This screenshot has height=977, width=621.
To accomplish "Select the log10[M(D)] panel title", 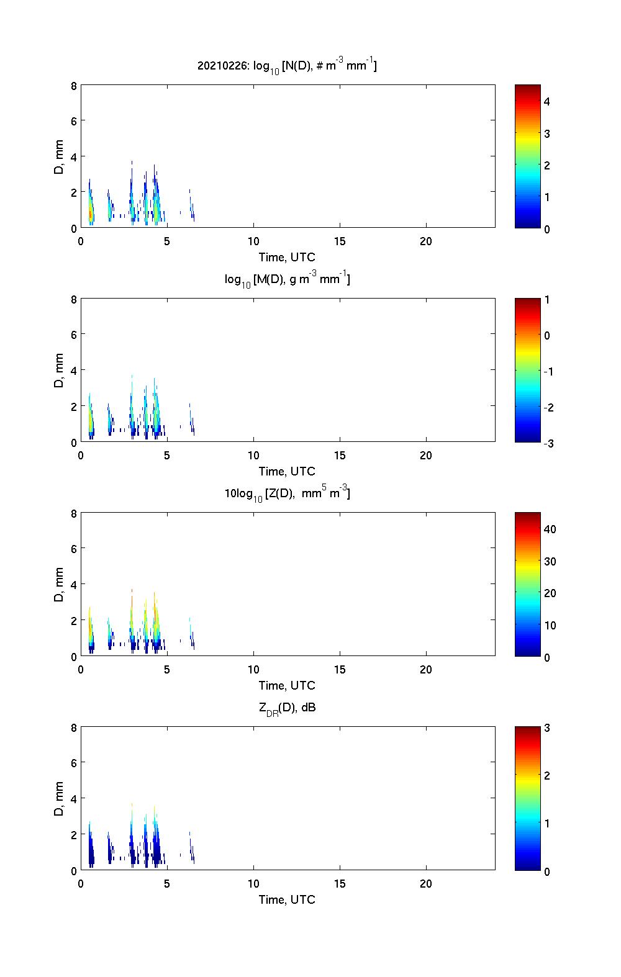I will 287,280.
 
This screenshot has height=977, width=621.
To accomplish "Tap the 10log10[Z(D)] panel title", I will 287,494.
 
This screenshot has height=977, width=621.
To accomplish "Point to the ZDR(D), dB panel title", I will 287,708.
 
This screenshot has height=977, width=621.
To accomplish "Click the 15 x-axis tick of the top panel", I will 340,241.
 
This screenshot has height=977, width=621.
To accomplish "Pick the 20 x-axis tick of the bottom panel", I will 426,884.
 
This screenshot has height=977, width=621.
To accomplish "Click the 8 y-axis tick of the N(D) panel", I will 74,86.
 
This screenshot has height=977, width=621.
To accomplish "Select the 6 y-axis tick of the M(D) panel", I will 74,335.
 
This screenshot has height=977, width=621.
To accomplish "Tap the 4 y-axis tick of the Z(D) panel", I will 74,585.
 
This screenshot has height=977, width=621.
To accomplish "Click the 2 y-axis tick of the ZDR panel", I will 74,835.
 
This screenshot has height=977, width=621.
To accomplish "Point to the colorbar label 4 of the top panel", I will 547,101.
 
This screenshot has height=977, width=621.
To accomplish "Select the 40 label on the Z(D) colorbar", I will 550,529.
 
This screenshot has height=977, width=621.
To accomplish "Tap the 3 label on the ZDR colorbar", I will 547,728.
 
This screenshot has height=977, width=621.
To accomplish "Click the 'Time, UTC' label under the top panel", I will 287,257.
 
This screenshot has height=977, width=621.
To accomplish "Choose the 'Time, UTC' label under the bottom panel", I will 287,899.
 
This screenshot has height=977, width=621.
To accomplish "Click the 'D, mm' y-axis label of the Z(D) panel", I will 60,585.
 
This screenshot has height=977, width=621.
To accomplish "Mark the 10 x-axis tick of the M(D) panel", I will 253,456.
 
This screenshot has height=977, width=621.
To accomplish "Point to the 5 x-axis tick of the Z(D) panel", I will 167,670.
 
